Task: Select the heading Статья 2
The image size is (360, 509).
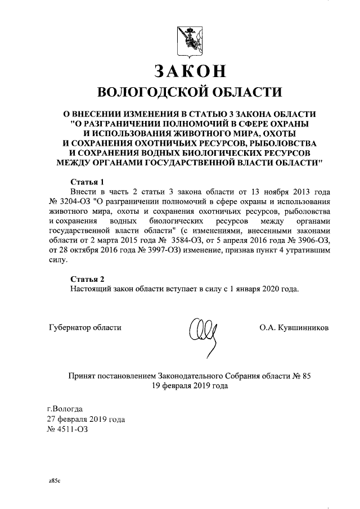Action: tap(87, 280)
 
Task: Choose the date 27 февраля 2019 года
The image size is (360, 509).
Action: tap(85, 419)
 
